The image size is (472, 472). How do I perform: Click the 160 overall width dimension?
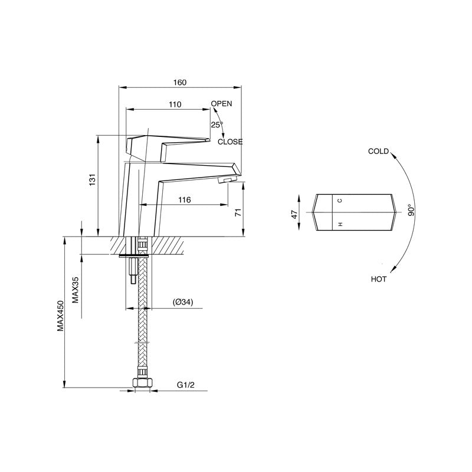(180, 83)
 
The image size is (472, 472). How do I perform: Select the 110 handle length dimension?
(175, 104)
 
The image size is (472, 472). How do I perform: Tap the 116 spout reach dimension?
(184, 200)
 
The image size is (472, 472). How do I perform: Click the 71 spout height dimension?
(238, 213)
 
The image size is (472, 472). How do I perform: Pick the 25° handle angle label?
(217, 124)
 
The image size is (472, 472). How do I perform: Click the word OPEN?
(221, 103)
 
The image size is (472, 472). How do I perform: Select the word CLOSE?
(230, 142)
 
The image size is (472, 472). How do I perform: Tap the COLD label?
(378, 151)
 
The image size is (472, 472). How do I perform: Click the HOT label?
(379, 279)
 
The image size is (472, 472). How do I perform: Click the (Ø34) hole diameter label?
(183, 302)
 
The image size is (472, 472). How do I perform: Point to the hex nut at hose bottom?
(141, 384)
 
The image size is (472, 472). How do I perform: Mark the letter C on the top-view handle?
(340, 201)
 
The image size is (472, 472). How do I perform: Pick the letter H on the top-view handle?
(340, 225)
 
